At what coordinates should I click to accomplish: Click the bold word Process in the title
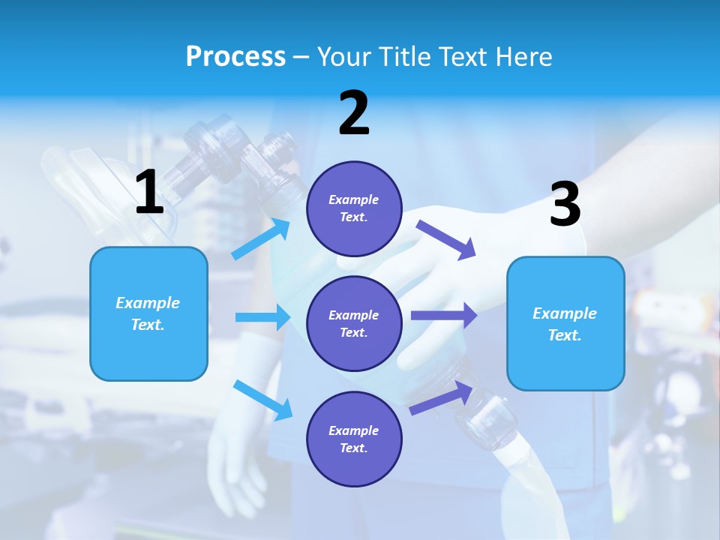(x=235, y=57)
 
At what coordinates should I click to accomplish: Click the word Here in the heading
(x=523, y=57)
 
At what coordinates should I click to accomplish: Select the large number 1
(x=149, y=193)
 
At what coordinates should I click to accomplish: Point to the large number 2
(x=354, y=114)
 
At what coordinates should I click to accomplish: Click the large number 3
(x=565, y=205)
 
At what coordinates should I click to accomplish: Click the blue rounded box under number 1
(x=148, y=313)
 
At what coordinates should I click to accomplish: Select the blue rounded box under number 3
(x=565, y=323)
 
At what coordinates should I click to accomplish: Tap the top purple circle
(x=354, y=208)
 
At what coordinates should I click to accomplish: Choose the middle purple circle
(x=354, y=323)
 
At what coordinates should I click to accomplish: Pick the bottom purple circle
(x=354, y=439)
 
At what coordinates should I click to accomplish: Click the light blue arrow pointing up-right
(x=262, y=239)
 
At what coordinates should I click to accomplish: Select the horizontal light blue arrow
(x=262, y=317)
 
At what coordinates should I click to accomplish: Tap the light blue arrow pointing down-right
(x=263, y=400)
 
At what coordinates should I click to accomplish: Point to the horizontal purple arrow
(x=444, y=316)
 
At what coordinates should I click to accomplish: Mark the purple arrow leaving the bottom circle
(x=442, y=397)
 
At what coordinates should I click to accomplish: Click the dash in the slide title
(x=301, y=58)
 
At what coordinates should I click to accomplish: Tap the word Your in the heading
(x=344, y=57)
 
